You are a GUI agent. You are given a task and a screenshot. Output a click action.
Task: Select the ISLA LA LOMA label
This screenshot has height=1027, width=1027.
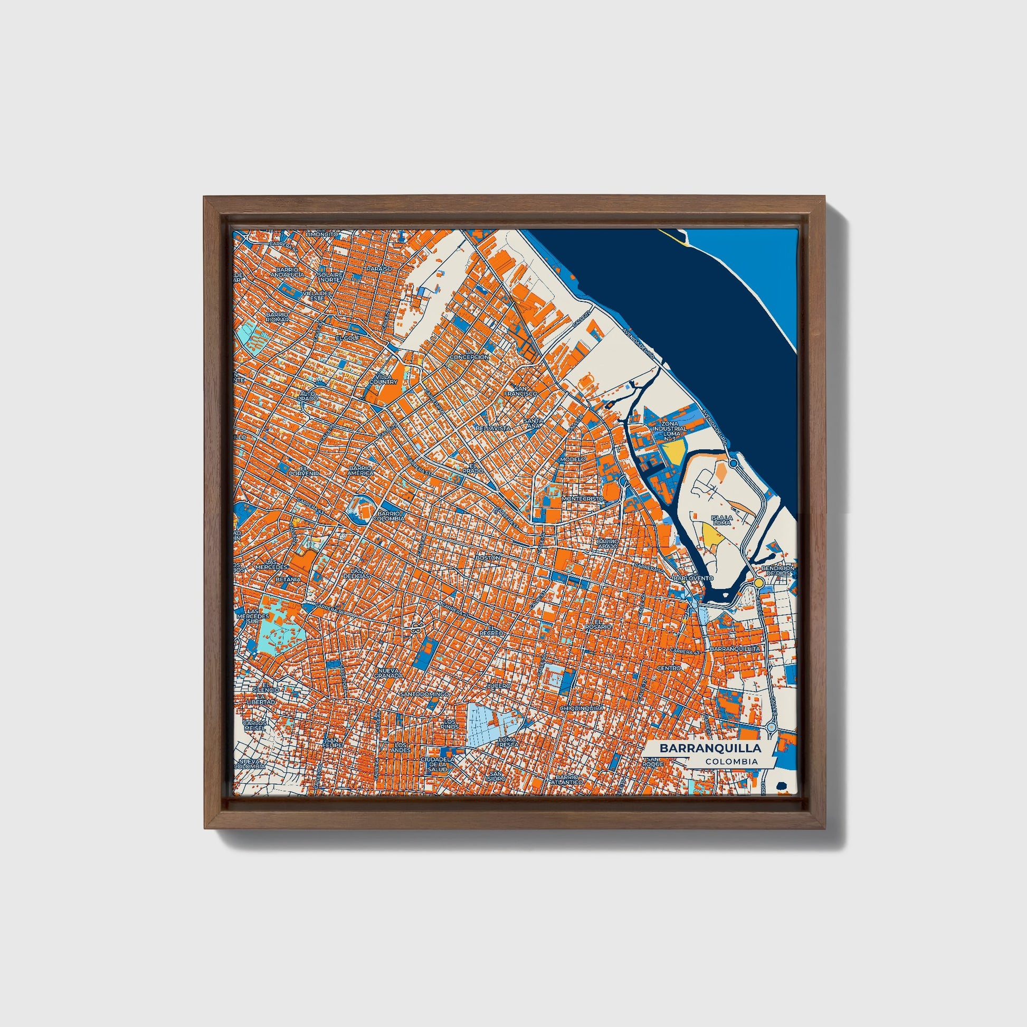[x=722, y=520]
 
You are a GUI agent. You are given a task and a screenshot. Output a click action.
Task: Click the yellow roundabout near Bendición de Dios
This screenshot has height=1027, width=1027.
[x=759, y=583]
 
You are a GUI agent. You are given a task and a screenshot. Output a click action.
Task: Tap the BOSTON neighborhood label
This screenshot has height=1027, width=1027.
[x=488, y=558]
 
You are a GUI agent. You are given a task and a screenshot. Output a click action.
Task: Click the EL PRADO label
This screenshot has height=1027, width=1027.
[x=471, y=468]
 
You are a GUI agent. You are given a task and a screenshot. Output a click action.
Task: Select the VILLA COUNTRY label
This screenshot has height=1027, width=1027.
[x=383, y=378]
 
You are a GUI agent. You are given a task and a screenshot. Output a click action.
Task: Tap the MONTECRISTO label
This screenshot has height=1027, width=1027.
[x=583, y=499]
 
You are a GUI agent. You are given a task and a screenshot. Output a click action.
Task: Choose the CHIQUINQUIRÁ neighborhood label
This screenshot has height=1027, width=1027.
[x=582, y=708]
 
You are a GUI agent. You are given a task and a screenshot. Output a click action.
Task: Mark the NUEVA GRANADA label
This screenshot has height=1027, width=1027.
[x=388, y=674]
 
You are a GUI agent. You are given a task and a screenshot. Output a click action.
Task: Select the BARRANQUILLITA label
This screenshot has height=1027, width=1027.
[x=735, y=649]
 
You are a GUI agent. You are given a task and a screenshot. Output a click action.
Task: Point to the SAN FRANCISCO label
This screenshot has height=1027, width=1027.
[x=520, y=391]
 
